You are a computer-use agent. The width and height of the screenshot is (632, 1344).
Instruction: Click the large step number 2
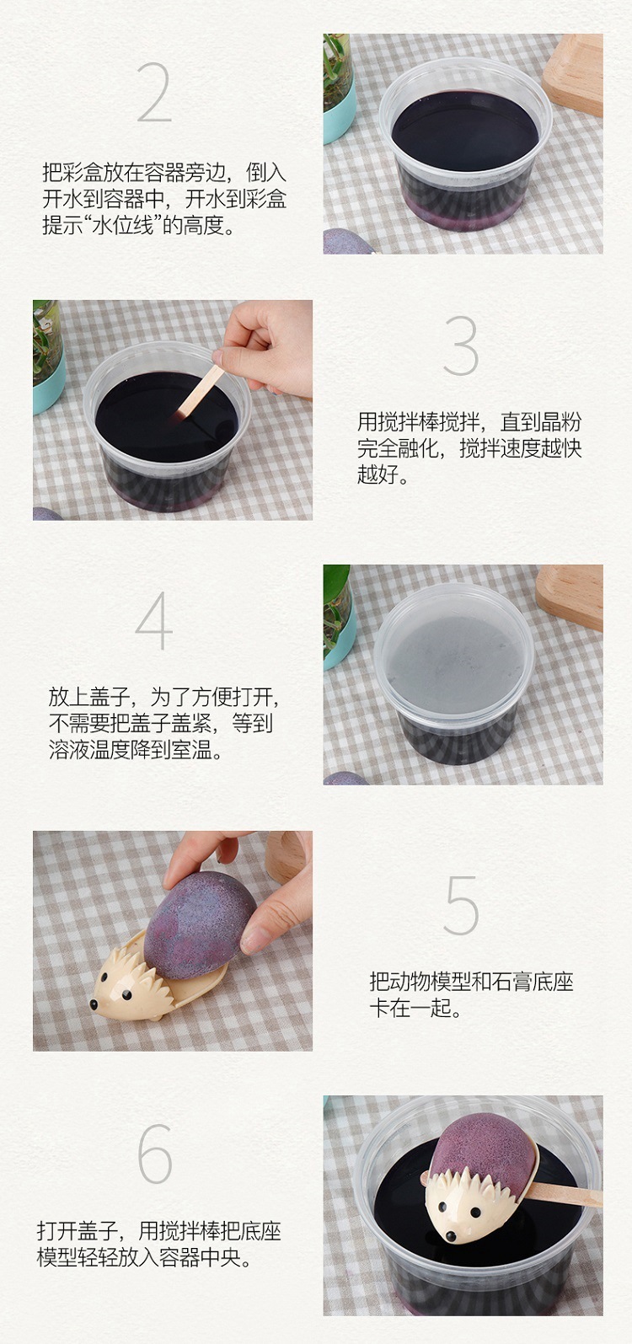click(x=153, y=93)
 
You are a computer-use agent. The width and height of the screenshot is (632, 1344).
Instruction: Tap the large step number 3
click(x=460, y=346)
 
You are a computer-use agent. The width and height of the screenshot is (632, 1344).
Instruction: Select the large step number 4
click(x=154, y=624)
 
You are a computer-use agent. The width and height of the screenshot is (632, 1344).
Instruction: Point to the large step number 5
click(x=460, y=906)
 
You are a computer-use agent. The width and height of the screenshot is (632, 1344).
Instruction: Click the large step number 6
click(x=154, y=1154)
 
